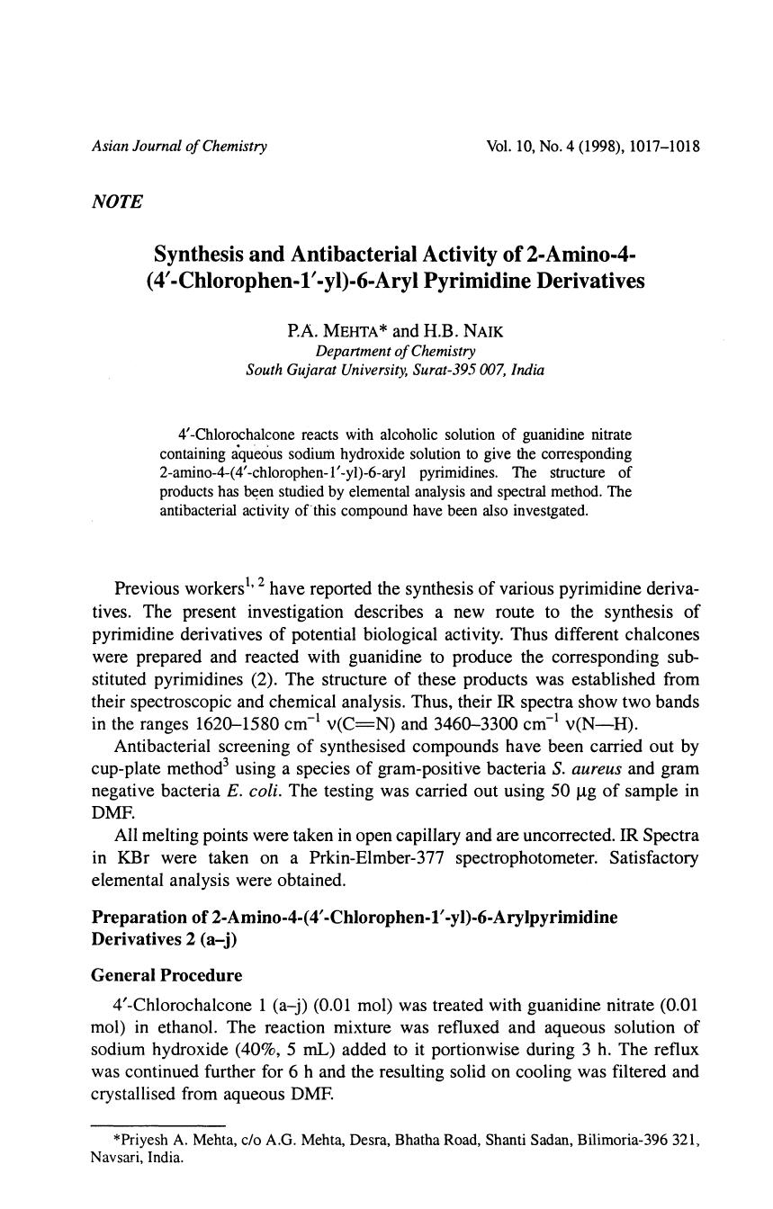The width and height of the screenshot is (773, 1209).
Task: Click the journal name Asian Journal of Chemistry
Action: pos(180,146)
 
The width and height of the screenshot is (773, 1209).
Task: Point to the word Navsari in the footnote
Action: pos(115,1158)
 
